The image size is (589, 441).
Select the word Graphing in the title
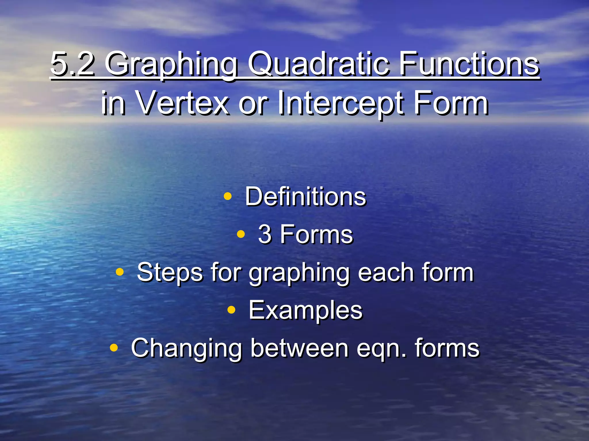click(x=171, y=65)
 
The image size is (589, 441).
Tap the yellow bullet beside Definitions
click(x=227, y=196)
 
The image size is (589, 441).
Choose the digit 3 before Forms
click(x=265, y=234)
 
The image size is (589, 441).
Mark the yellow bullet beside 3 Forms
click(x=241, y=234)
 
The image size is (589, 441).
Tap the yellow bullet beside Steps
click(x=120, y=272)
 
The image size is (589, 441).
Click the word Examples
click(x=305, y=310)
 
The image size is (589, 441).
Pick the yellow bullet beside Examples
click(x=231, y=310)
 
